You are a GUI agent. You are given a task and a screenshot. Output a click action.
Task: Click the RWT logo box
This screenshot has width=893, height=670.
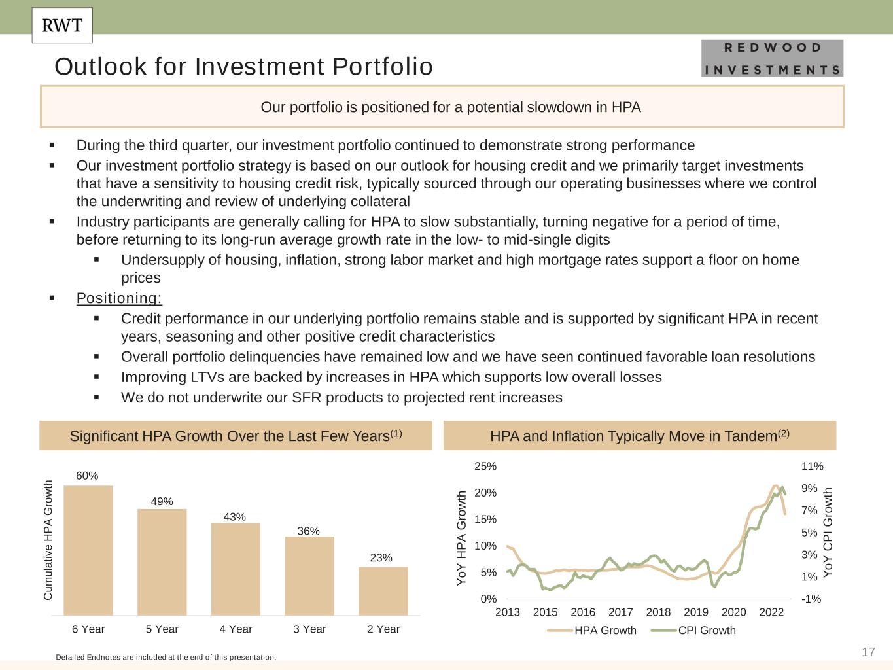point(62,26)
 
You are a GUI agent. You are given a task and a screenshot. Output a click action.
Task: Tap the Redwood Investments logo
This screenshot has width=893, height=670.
point(772,58)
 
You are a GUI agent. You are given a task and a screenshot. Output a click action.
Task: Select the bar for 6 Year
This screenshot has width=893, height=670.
point(88,550)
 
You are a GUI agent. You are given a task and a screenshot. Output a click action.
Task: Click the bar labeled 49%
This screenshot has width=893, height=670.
point(162,562)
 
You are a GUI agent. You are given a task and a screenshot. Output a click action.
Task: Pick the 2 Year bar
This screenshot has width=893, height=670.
point(383,591)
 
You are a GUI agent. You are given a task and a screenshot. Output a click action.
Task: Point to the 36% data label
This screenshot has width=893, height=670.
point(309,531)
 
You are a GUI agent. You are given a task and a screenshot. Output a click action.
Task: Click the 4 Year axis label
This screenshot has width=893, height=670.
point(236,629)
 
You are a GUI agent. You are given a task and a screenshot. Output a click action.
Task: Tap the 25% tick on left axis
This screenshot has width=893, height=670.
point(485,467)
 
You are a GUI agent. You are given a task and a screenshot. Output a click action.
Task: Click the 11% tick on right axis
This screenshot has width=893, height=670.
point(812,467)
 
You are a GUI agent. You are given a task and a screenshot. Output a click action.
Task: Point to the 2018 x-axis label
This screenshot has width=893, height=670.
point(658,612)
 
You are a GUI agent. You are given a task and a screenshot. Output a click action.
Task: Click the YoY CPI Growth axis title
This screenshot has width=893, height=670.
point(828,532)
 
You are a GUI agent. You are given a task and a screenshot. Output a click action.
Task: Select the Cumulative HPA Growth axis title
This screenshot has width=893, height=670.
point(48,540)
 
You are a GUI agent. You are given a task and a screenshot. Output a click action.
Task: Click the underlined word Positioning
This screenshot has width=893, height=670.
point(119,298)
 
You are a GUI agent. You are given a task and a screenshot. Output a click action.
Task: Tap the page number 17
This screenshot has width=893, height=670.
point(868,652)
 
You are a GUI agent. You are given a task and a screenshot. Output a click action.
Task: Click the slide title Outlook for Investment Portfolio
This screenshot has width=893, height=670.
point(243,67)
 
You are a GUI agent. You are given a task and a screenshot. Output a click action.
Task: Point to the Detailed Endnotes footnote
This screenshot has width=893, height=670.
point(166,656)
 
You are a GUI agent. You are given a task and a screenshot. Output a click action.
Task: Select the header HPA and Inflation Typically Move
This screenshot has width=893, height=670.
point(639,436)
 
